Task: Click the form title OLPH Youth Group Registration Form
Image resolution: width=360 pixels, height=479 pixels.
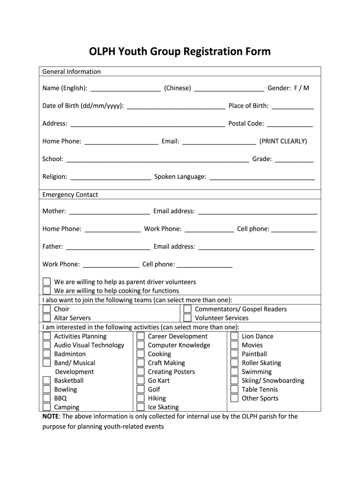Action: [180, 51]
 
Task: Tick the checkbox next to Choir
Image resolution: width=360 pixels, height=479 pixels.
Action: [47, 309]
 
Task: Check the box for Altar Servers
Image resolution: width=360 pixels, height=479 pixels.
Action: [47, 318]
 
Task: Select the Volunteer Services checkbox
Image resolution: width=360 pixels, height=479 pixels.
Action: [187, 318]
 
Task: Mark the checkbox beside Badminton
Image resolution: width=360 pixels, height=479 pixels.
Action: [47, 354]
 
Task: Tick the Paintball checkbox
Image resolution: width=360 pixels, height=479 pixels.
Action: [234, 354]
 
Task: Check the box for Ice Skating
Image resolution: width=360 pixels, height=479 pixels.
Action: [140, 407]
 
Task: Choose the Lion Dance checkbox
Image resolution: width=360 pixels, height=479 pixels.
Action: [234, 336]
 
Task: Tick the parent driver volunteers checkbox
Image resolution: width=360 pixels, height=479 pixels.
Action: [47, 282]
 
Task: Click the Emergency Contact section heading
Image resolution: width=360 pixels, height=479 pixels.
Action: [70, 195]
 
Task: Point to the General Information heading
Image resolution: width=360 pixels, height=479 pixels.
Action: [72, 72]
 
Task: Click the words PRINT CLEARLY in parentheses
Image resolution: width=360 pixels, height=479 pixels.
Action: [283, 141]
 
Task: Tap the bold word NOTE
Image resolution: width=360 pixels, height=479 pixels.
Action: [50, 416]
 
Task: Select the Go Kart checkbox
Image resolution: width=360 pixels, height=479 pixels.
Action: [140, 381]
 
